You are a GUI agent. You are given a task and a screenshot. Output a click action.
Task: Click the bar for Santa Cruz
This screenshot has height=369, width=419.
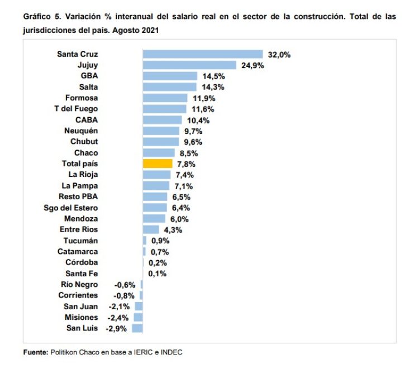coord(203,54)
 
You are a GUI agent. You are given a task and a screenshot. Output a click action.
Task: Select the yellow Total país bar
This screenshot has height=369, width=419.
coord(158,164)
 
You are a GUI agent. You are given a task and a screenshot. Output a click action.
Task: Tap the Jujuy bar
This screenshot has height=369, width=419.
coord(189,65)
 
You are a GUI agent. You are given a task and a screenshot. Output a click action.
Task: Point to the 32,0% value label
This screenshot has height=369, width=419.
coord(279,54)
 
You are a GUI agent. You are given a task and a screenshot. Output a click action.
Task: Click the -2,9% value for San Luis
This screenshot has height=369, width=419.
coord(116,328)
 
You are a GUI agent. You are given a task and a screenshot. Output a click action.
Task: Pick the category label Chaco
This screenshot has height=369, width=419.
coord(85,153)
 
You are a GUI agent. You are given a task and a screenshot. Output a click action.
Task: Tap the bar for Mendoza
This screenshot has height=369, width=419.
coord(154,218)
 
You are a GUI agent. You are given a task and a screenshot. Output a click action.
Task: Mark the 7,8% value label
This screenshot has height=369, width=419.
coord(185,164)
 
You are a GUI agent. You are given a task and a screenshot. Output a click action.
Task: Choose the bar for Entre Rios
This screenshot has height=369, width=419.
coord(151,229)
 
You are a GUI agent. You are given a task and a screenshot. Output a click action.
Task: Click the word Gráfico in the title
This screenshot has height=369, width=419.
coord(37,17)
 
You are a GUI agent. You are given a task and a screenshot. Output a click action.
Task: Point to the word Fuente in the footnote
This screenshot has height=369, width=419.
coord(35,352)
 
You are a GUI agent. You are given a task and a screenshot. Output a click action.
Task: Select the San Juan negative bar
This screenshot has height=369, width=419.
coord(139,306)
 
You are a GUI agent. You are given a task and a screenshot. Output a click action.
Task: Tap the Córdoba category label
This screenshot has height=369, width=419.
coord(82,262)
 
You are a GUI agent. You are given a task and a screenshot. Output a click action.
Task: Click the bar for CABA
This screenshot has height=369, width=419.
coord(163,120)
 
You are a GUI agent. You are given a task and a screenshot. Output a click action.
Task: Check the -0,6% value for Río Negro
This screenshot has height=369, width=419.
coord(125,284)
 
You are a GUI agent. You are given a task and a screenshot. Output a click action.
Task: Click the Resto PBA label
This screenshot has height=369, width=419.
coord(78,197)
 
